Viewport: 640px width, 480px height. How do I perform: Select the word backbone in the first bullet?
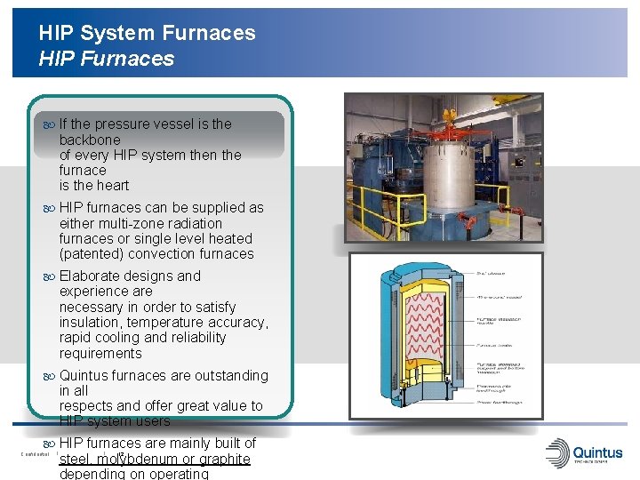point(90,140)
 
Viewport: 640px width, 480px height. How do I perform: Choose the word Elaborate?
point(92,276)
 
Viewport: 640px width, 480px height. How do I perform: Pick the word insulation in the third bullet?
point(91,322)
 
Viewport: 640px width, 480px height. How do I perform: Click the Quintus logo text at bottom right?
point(598,452)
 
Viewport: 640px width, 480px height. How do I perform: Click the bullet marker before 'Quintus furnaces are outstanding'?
point(50,376)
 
